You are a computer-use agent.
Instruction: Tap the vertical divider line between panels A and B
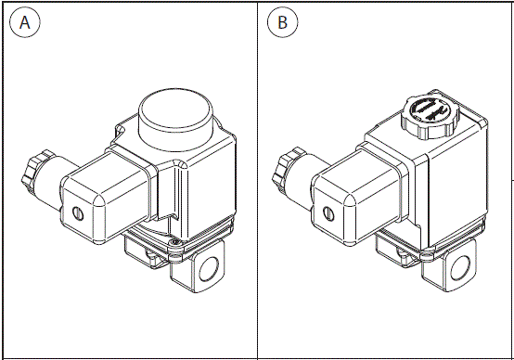[257, 186]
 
